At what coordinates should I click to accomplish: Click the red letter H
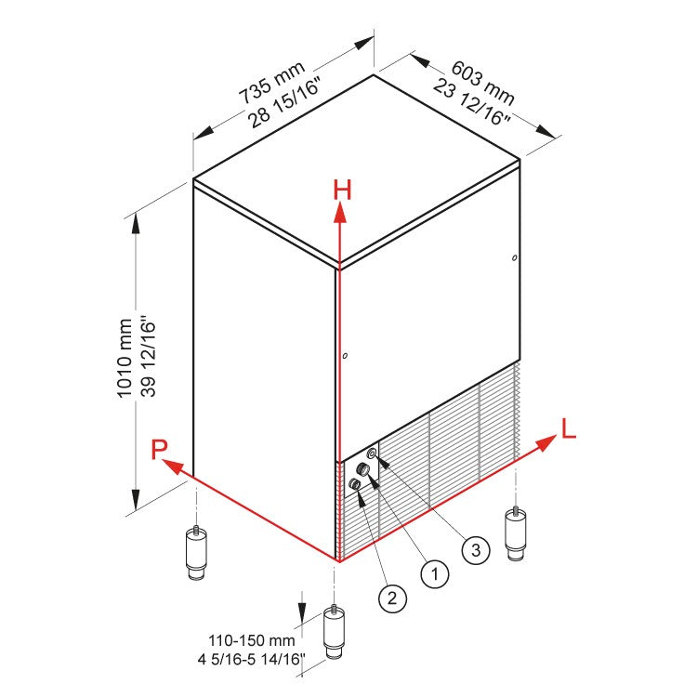click(343, 190)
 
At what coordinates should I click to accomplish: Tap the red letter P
click(161, 451)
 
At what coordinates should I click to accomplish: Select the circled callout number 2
click(392, 598)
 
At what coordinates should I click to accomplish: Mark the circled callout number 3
click(475, 550)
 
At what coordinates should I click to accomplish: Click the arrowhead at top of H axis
click(341, 213)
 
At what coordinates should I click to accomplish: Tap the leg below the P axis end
click(196, 555)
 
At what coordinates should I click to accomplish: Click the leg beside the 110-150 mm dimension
click(333, 636)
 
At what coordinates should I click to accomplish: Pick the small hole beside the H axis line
click(345, 356)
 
